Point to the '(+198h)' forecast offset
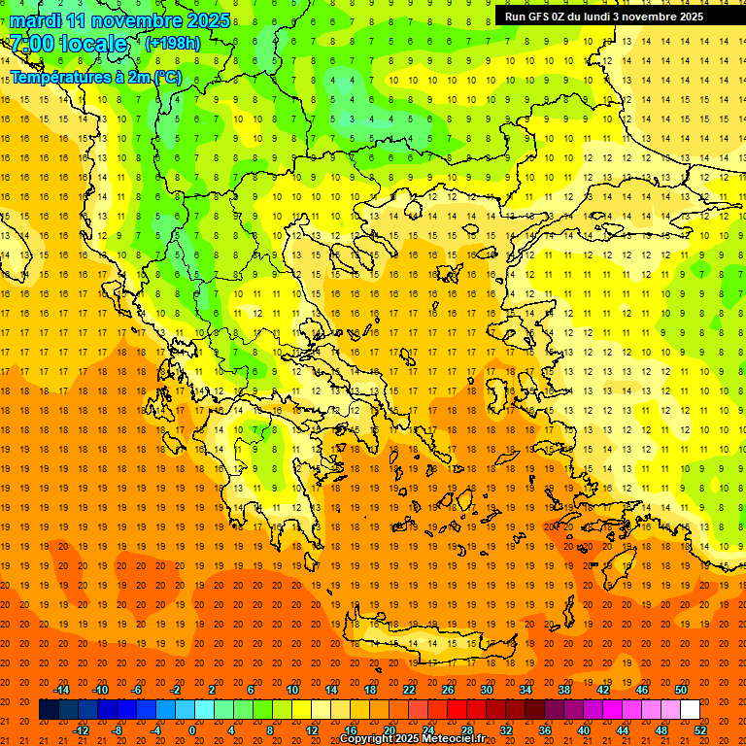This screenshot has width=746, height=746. pyautogui.click(x=173, y=44)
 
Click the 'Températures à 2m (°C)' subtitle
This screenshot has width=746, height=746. pyautogui.click(x=95, y=77)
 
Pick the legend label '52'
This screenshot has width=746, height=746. pyautogui.click(x=701, y=730)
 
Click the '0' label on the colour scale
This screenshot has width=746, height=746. pyautogui.click(x=192, y=730)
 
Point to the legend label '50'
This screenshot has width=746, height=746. pyautogui.click(x=680, y=690)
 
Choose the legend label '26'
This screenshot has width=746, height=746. pyautogui.click(x=448, y=690)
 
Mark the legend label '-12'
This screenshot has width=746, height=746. pyautogui.click(x=81, y=730)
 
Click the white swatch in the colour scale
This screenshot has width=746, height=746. pyautogui.click(x=690, y=710)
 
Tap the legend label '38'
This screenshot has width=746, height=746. pyautogui.click(x=564, y=690)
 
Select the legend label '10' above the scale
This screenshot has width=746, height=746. pyautogui.click(x=292, y=690)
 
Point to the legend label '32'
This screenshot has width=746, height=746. pyautogui.click(x=505, y=730)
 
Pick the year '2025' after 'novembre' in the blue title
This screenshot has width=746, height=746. pyautogui.click(x=209, y=20)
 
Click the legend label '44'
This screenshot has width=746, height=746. pyautogui.click(x=623, y=730)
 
